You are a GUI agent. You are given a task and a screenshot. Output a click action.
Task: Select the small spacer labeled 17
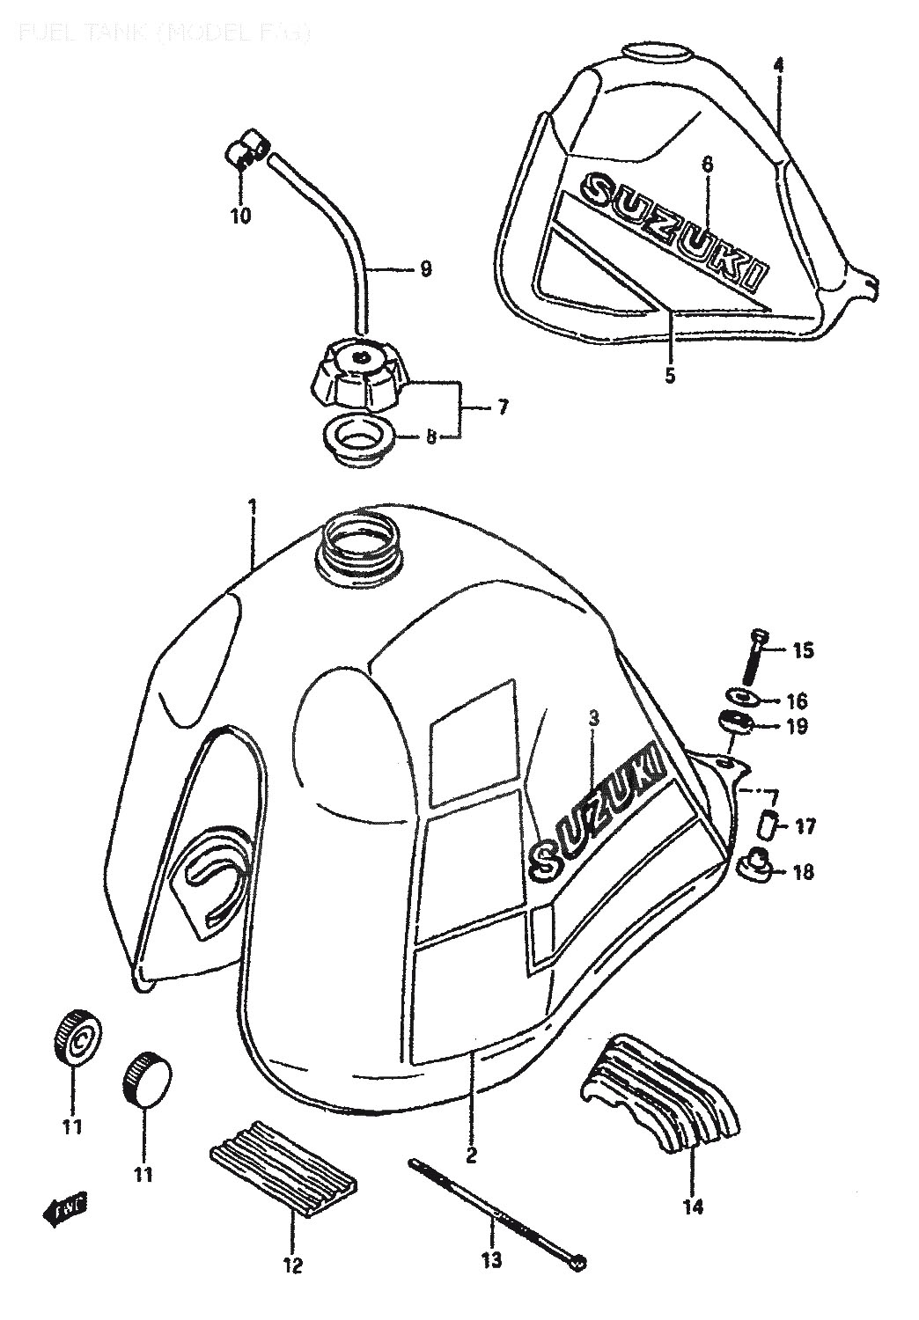[768, 826]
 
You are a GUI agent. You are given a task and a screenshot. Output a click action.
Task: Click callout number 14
[693, 1206]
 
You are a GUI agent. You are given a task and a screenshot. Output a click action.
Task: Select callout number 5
[670, 376]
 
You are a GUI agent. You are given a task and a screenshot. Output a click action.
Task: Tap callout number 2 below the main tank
[471, 1155]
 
